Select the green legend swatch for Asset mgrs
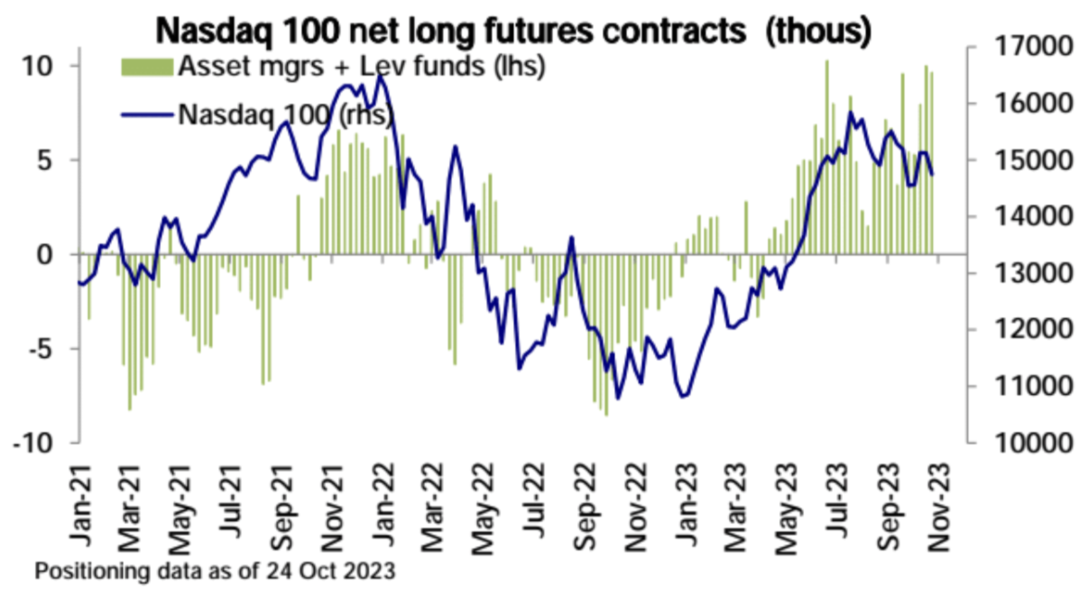tap(146, 66)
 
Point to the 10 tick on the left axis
tap(44, 66)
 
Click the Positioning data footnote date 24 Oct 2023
tap(333, 572)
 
